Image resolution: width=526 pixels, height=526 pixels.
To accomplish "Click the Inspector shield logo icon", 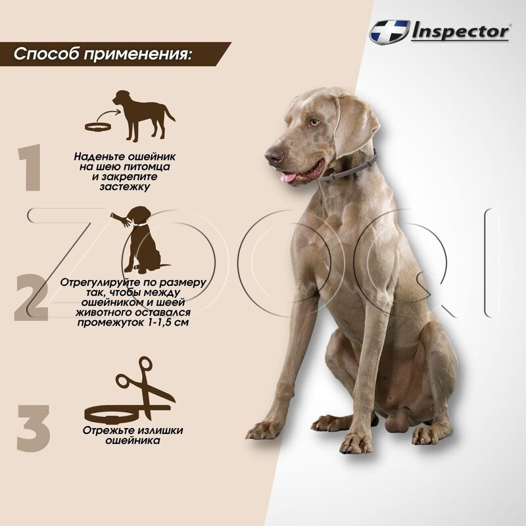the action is click(389, 31).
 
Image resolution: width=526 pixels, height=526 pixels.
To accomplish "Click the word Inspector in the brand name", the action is click(460, 32).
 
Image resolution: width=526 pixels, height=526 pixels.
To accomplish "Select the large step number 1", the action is click(30, 168).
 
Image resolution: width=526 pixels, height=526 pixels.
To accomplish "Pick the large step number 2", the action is click(31, 297).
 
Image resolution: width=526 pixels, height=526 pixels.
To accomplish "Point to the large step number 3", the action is click(34, 428).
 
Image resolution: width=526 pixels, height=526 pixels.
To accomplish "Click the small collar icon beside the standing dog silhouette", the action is click(98, 126).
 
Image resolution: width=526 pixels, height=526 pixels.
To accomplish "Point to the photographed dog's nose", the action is click(274, 156).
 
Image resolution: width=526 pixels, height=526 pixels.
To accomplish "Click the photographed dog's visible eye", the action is click(314, 122).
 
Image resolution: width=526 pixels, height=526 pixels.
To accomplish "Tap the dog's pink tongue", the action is click(289, 176).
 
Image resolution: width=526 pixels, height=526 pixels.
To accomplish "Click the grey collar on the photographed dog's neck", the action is click(349, 168).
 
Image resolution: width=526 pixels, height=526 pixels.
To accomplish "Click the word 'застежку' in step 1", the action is click(125, 187).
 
